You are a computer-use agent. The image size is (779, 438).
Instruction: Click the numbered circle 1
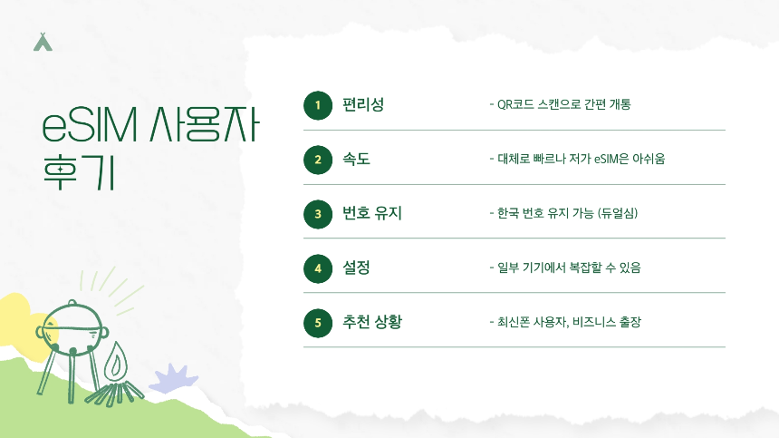point(317,106)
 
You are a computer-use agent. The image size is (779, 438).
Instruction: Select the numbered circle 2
point(317,161)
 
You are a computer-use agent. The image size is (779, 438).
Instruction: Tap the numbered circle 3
point(317,215)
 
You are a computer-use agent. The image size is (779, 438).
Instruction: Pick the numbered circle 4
point(317,268)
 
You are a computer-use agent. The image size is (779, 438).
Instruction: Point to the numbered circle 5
point(317,323)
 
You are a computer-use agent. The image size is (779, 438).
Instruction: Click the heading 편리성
point(362,104)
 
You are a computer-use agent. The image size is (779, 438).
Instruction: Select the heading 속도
point(356,160)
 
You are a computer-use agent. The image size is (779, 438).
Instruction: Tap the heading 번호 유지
point(371,214)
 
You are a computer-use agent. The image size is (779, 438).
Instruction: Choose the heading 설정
point(356,268)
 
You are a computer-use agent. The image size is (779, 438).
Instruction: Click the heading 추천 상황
point(371,322)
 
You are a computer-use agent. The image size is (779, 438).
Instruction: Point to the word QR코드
point(517,104)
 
